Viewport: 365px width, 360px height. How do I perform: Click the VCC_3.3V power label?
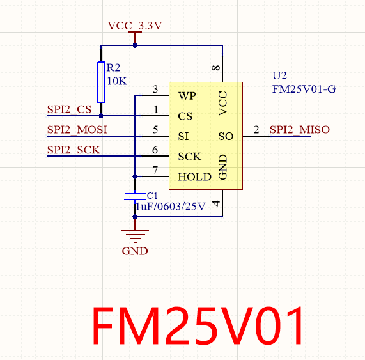(x=135, y=26)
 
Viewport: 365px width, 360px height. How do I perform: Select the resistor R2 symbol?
(x=101, y=82)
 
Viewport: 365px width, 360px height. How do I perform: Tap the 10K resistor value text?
(x=117, y=81)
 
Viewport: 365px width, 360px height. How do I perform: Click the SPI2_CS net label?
(x=69, y=109)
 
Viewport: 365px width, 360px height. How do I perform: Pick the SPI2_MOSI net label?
(x=77, y=130)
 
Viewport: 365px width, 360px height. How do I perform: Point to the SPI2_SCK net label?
(x=74, y=150)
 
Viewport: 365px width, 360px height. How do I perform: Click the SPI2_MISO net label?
(x=299, y=130)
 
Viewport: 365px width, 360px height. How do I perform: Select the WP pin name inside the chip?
(x=187, y=96)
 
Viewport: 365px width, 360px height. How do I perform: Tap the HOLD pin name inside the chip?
(x=194, y=177)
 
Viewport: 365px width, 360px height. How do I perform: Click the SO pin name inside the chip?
(x=226, y=136)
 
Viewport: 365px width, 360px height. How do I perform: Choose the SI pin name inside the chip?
(x=183, y=136)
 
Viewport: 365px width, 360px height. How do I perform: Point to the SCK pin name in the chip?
(x=189, y=157)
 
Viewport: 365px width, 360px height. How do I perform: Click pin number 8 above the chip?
(x=217, y=68)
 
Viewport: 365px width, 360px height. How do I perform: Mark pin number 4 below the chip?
(x=217, y=204)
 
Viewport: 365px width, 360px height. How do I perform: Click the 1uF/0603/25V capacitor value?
(x=169, y=207)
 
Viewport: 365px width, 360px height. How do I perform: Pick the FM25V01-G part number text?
(x=304, y=89)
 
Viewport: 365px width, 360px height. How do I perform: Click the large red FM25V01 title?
(x=199, y=325)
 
